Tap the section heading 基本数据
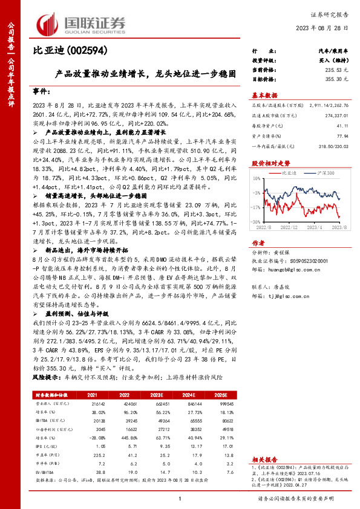264,96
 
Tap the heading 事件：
41,91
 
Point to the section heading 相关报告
264,459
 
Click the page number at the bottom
180,499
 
